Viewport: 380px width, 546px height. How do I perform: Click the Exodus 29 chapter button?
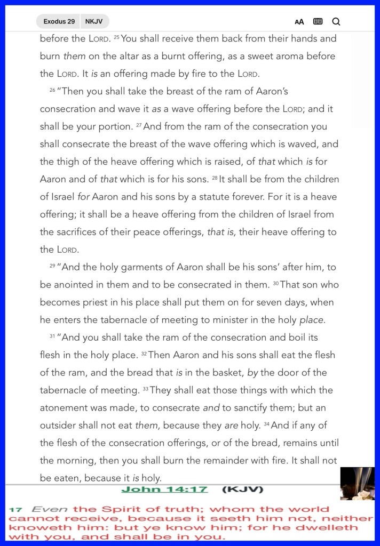(59, 21)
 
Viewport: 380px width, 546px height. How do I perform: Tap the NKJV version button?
(94, 21)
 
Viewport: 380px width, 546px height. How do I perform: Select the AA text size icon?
(299, 22)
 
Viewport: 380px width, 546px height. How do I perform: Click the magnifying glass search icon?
(336, 21)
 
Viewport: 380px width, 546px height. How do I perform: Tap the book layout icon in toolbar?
(318, 21)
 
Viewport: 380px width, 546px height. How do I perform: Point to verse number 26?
(52, 90)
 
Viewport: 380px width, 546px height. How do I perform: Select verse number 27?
(138, 125)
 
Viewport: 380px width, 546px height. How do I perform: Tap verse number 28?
(215, 178)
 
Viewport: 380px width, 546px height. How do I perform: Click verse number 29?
(52, 266)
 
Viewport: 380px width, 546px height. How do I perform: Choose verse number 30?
(276, 283)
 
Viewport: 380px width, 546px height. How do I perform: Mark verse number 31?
(52, 336)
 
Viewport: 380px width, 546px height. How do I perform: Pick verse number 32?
(144, 354)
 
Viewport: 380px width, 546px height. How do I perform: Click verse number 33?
(145, 389)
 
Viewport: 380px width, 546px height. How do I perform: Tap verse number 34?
(267, 424)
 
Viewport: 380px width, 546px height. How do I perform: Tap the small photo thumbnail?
(357, 484)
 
